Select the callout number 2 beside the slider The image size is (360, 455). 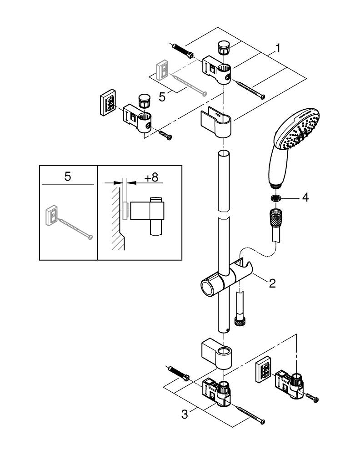tap(272, 283)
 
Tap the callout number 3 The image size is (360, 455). tap(185, 414)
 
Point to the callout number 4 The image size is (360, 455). tap(305, 198)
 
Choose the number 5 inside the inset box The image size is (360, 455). tap(68, 177)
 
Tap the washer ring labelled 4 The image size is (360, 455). tap(275, 198)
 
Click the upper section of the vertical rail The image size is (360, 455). tap(223, 180)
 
